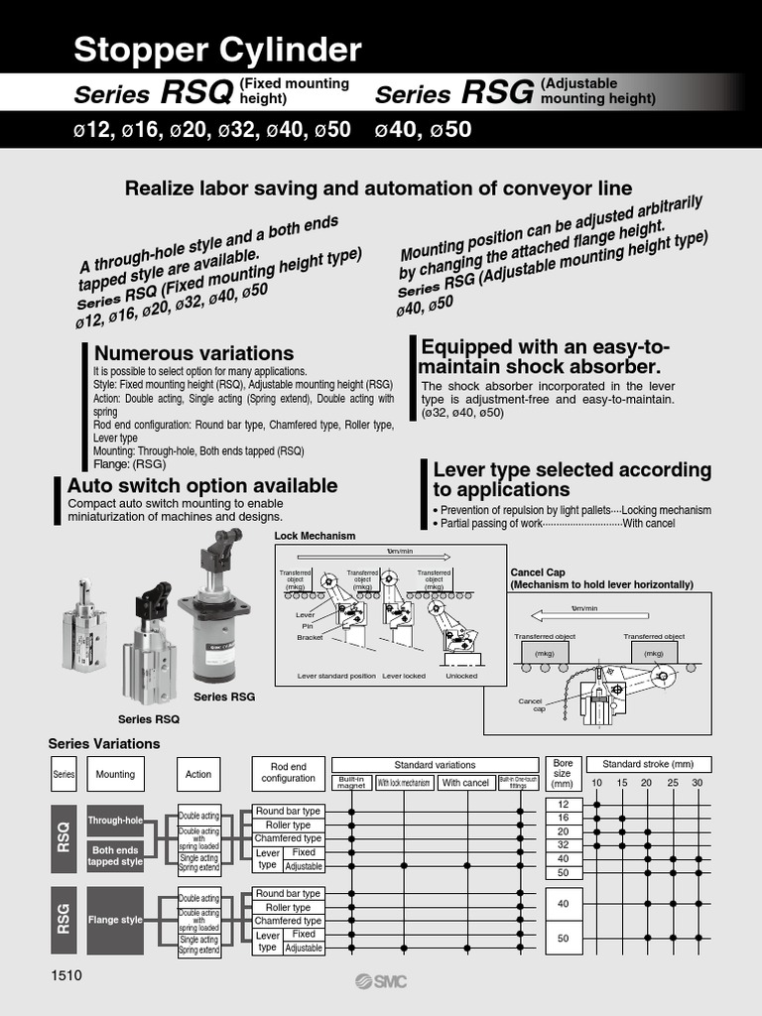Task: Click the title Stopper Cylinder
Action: tap(218, 50)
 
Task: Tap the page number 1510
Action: tap(66, 975)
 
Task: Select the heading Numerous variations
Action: tap(193, 353)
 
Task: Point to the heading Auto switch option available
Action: tap(201, 485)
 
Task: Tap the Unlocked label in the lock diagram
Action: tap(460, 676)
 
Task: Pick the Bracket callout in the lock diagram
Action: tap(310, 638)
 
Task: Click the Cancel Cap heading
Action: tap(537, 572)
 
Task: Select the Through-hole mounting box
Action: tap(116, 821)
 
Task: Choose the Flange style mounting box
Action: tap(116, 920)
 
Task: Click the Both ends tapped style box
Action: tap(116, 855)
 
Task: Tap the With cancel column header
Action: tap(465, 783)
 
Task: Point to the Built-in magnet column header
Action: tap(351, 783)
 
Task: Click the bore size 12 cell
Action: tap(564, 804)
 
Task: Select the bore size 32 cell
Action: tap(564, 845)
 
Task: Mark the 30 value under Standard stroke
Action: tap(697, 784)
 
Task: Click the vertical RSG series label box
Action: tap(63, 920)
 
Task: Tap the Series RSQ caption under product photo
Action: tap(149, 718)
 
